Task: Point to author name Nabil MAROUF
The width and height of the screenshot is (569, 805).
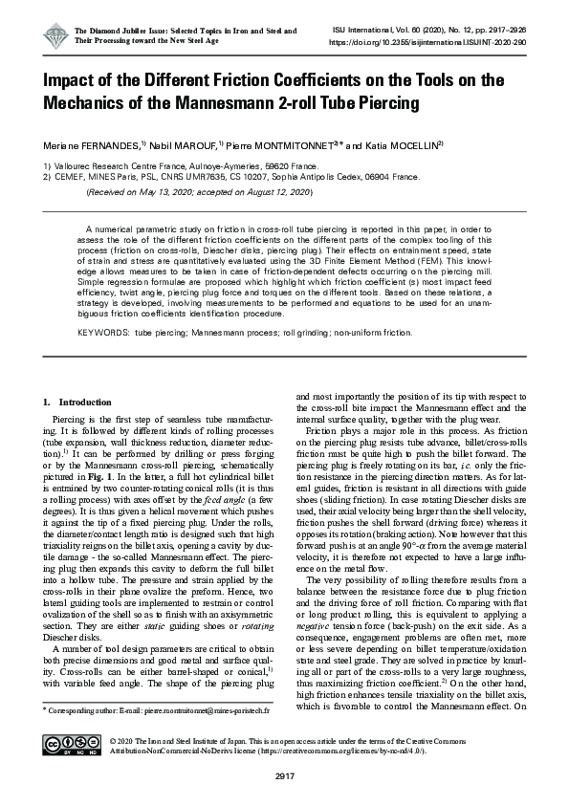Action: coord(183,146)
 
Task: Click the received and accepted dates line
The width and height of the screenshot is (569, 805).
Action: coord(200,192)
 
